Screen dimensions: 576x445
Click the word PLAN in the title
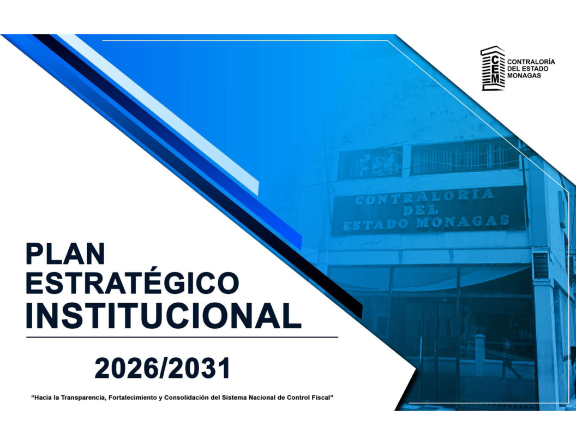[x=65, y=254]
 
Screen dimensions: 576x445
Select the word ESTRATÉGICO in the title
[x=133, y=282]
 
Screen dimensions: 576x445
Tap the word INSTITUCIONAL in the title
[x=164, y=315]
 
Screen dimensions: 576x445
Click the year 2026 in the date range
[x=123, y=368]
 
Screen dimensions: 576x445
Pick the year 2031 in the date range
[x=201, y=368]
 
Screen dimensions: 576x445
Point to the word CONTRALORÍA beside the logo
[x=531, y=62]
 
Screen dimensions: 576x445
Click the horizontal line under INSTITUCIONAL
[x=182, y=336]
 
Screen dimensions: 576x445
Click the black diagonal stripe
[x=199, y=176]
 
